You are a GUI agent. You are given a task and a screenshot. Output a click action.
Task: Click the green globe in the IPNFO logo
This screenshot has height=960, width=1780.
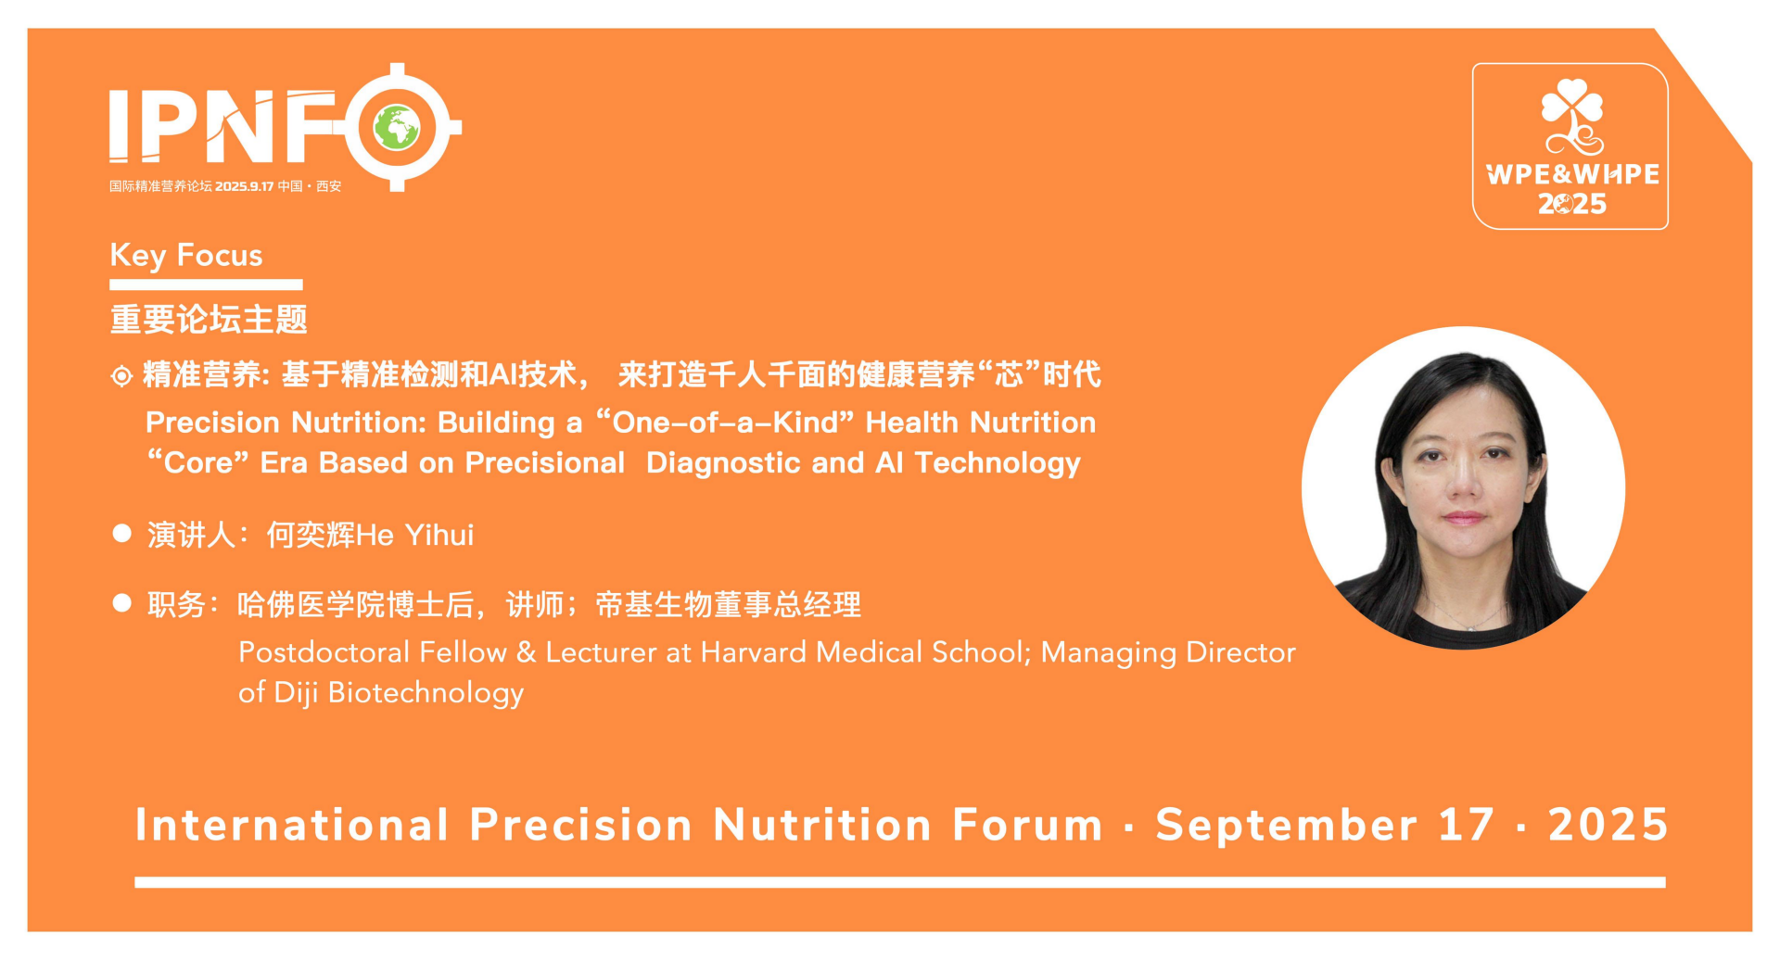397,128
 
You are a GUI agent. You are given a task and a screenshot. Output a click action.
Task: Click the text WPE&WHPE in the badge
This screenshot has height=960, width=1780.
1572,174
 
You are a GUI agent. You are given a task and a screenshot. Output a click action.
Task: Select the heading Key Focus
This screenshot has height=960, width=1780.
186,255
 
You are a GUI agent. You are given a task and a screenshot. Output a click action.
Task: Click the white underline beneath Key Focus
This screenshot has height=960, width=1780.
206,284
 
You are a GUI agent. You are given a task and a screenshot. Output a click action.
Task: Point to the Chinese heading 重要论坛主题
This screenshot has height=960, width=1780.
209,320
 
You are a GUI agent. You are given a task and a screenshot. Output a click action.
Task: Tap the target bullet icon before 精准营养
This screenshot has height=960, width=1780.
121,376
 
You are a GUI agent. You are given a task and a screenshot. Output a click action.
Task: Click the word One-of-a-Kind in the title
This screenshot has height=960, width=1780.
724,423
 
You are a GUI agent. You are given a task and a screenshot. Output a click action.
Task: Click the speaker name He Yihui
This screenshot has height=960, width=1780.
415,535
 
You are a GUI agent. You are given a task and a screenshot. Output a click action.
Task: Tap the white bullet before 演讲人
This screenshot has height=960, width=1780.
121,533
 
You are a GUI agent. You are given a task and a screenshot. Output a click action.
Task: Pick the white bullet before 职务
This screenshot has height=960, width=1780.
121,603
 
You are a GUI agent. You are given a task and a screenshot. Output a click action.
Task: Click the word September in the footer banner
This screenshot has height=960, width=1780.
1287,825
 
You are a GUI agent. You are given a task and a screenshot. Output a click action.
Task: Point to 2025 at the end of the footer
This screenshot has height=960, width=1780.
1608,825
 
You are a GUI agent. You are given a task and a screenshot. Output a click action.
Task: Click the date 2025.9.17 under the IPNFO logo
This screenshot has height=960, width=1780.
245,186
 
